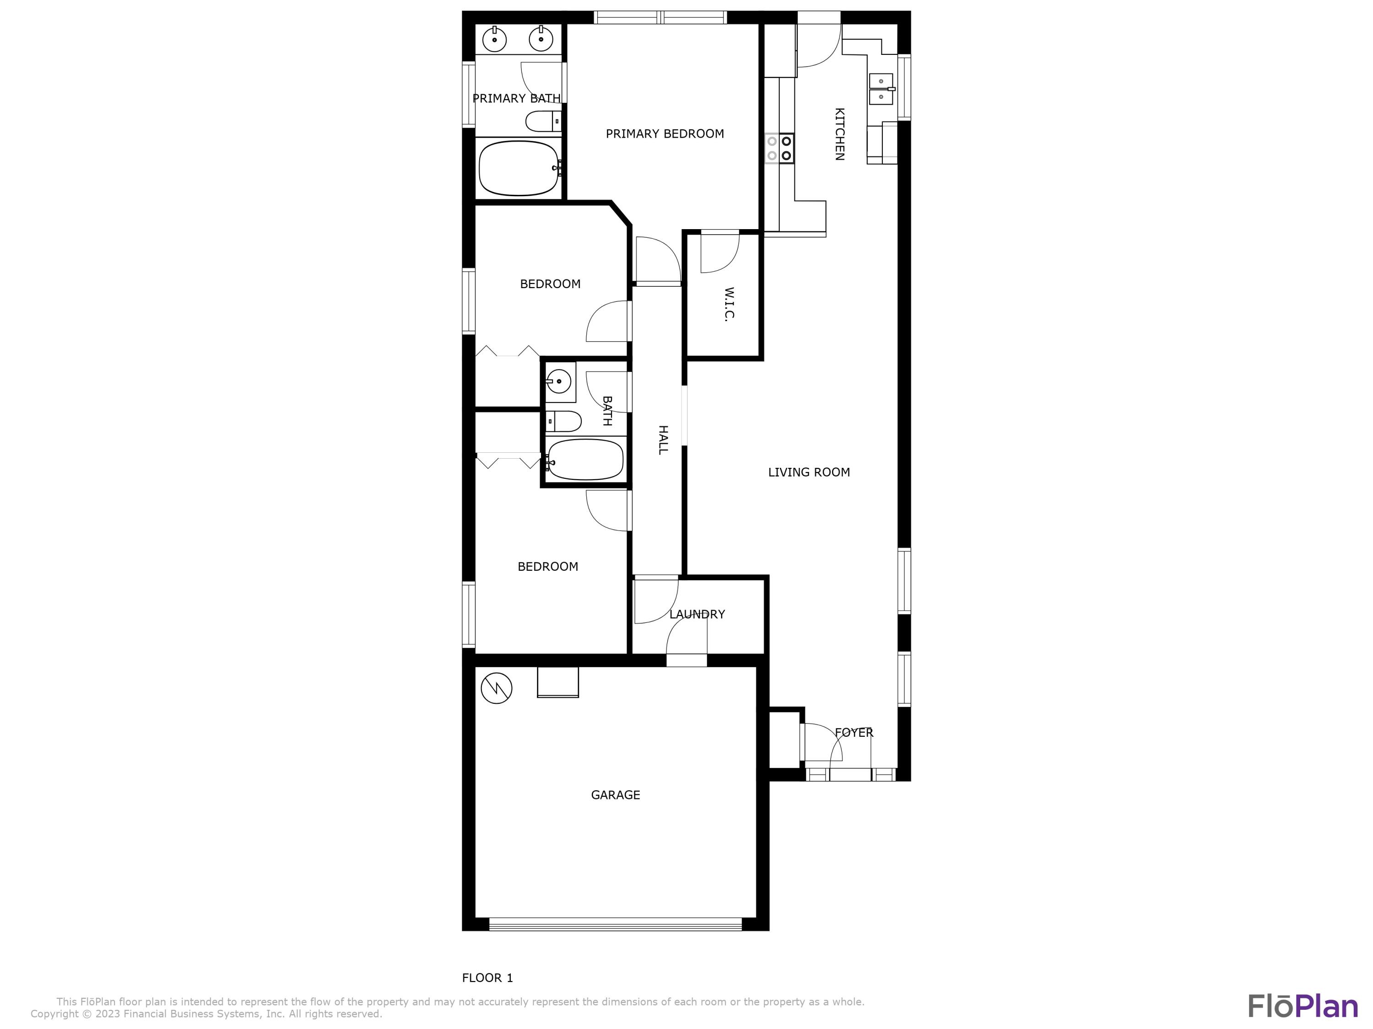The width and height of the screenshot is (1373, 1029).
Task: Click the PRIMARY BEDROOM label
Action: point(665,134)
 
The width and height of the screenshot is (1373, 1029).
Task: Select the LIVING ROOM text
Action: point(809,472)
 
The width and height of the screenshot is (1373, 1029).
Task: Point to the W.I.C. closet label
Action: point(730,304)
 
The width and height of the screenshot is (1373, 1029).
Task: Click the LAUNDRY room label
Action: point(697,614)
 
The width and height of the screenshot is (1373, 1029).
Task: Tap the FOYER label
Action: point(854,733)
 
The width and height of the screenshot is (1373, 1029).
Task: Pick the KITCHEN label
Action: point(839,134)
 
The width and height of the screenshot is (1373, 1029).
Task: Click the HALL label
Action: point(663,440)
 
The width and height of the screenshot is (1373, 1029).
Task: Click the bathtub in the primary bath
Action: point(519,168)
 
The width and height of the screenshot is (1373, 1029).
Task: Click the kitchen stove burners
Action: point(779,148)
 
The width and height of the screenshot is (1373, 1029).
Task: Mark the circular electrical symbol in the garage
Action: point(497,688)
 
